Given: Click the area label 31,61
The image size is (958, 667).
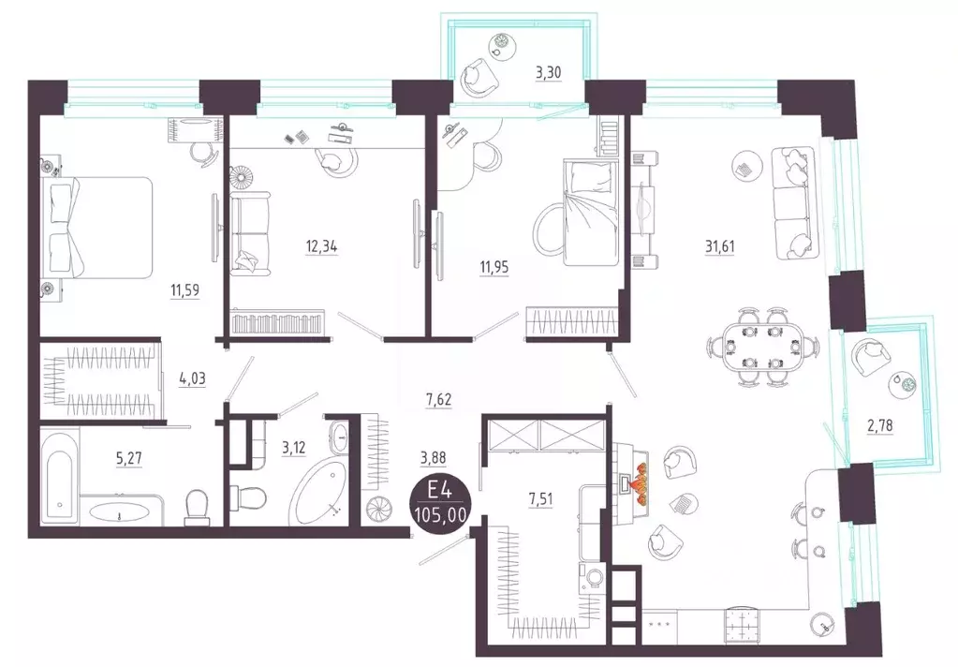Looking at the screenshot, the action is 720,247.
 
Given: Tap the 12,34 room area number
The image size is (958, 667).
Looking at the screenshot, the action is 321,247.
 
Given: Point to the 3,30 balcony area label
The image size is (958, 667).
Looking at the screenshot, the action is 548,73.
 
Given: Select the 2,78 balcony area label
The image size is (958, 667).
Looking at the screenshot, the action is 879,425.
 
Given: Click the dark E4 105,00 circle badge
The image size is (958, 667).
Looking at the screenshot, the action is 440,502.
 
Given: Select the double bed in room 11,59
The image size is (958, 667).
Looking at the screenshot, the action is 96,228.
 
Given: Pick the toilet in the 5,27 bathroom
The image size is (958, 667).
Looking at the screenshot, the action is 198,508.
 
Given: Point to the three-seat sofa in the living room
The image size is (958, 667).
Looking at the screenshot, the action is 793,202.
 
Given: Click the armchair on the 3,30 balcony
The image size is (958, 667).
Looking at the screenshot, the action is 478,77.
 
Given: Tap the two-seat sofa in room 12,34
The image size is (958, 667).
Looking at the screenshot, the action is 250,232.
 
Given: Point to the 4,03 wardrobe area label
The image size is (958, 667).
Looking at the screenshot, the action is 192,379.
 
